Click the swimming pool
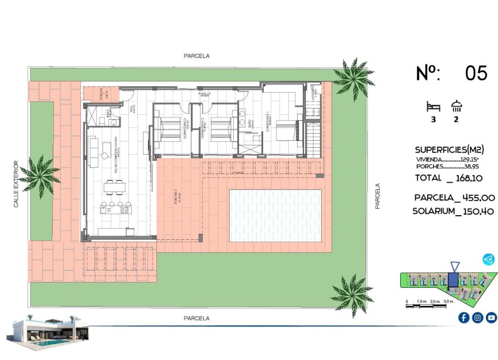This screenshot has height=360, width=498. [x=275, y=215]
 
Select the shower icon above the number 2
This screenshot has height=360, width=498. [x=456, y=106]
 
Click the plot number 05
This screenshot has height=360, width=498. [x=476, y=73]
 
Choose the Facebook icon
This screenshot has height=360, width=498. [x=463, y=317]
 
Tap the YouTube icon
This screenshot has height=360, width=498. [x=491, y=317]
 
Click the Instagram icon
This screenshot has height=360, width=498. [x=477, y=317]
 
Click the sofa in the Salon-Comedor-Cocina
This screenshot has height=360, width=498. [x=94, y=151]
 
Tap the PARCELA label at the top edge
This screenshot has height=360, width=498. [x=196, y=56]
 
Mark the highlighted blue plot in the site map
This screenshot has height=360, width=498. [x=454, y=280]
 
